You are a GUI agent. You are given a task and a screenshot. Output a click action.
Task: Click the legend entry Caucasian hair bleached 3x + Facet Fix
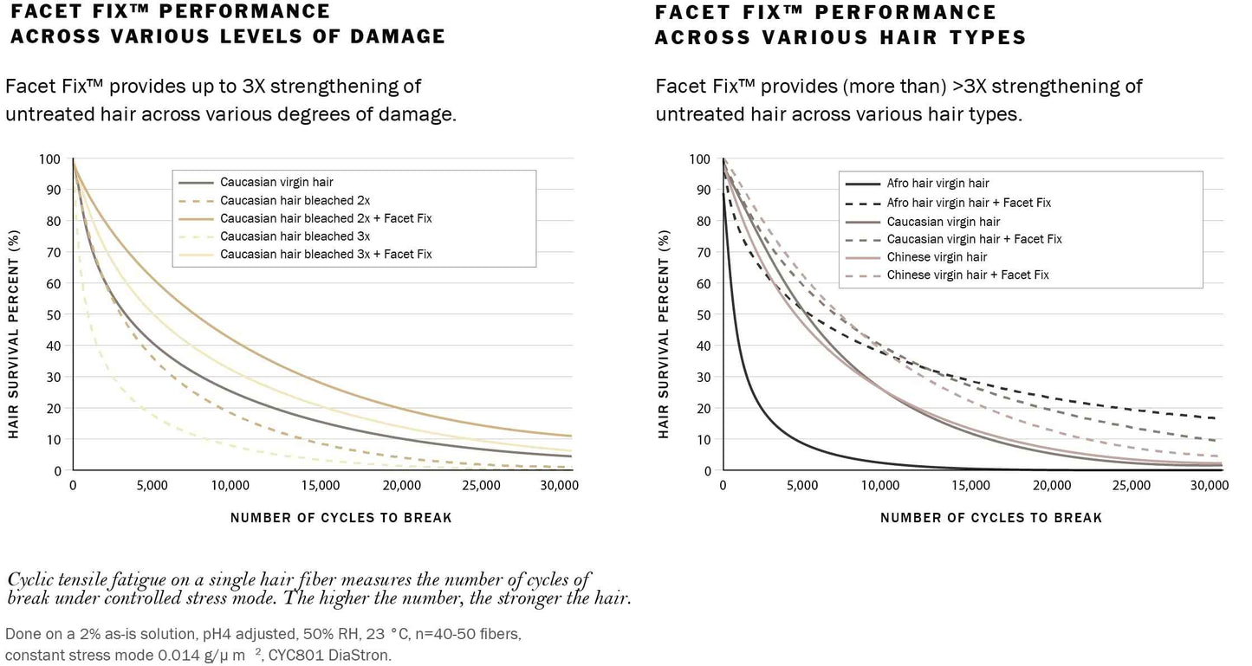pos(326,254)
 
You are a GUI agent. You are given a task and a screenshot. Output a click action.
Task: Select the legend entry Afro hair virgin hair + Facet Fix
pos(969,202)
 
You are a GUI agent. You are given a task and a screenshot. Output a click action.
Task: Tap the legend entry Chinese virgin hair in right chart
pos(937,256)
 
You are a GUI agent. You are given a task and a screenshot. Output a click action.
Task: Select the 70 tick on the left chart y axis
pos(54,253)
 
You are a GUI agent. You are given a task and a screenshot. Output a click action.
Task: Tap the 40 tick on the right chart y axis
pos(704,346)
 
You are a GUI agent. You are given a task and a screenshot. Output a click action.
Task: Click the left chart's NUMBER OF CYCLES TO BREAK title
pos(341,518)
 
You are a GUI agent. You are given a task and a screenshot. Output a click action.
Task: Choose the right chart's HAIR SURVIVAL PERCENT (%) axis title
pos(664,333)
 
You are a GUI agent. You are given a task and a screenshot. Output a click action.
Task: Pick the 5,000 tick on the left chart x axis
pos(152,485)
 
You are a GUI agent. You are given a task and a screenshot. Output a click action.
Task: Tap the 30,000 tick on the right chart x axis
pos(1210,485)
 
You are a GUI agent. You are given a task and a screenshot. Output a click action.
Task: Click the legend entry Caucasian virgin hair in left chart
pos(276,183)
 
